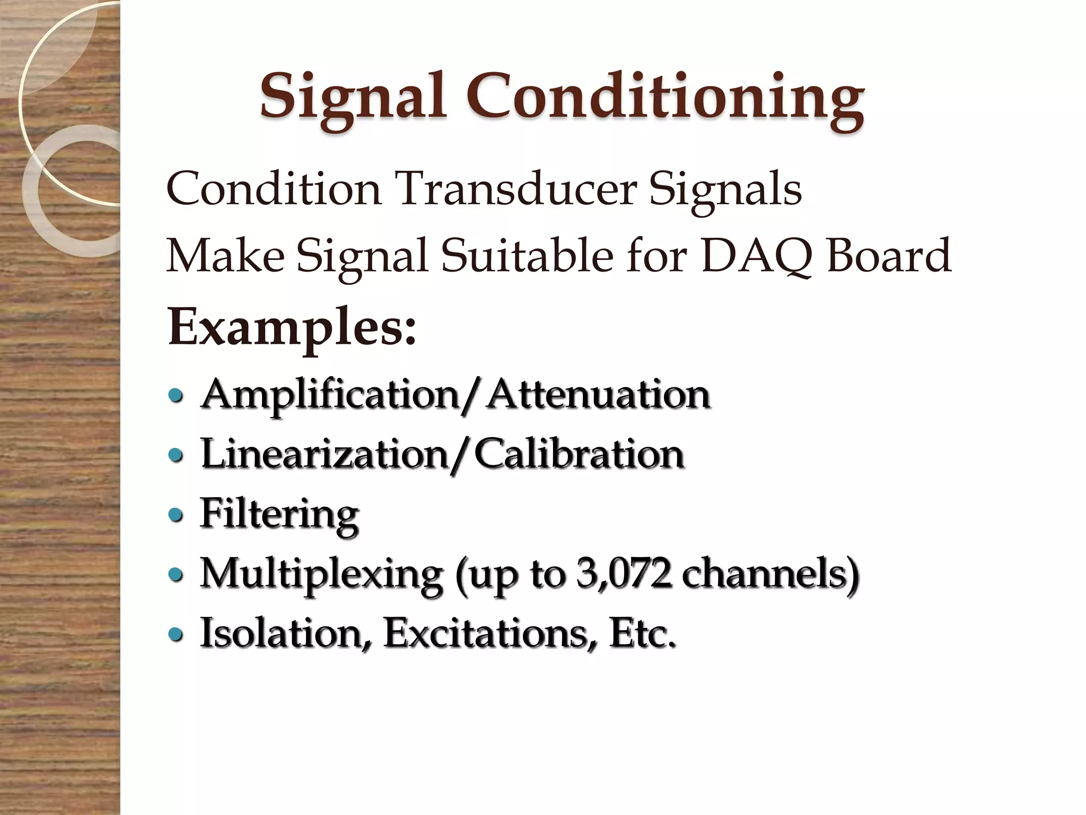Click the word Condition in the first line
(274, 189)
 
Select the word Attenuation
(599, 395)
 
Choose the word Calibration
(579, 455)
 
